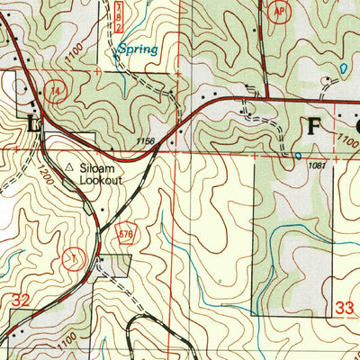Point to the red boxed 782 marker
119,16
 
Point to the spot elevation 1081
316,165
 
